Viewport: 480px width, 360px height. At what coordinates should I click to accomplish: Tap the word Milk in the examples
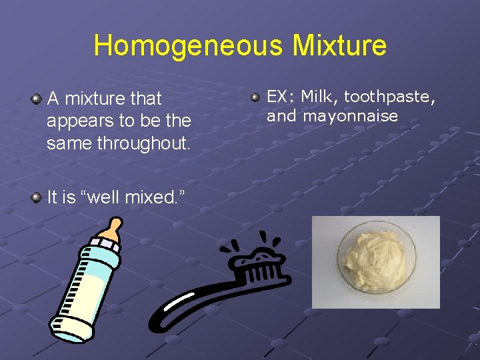(320, 97)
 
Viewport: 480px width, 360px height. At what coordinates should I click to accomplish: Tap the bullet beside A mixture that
(36, 99)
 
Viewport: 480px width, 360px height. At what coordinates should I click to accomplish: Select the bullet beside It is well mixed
(36, 197)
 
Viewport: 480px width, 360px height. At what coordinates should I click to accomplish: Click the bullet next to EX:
(256, 97)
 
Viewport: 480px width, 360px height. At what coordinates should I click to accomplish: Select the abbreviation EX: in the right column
(280, 97)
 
